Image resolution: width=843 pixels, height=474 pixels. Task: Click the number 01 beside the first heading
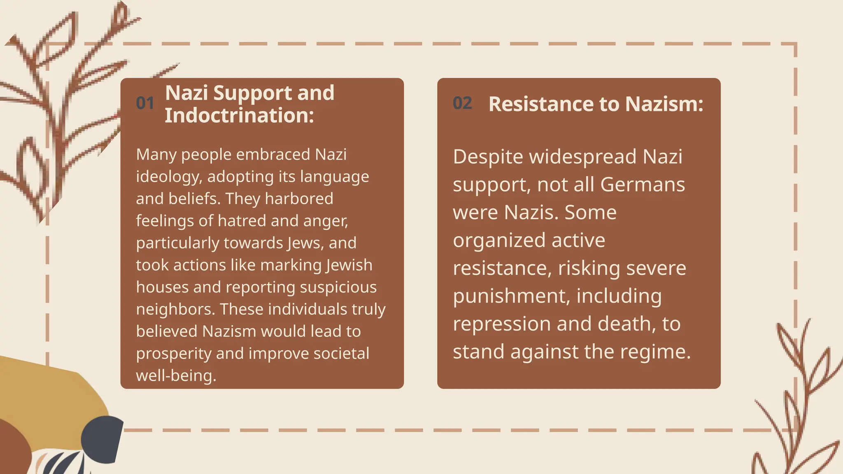(x=145, y=103)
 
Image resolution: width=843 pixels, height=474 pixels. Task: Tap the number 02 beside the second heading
(x=462, y=103)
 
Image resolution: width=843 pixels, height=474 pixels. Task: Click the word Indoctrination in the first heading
(x=239, y=115)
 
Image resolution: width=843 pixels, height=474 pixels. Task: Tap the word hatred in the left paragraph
(x=243, y=221)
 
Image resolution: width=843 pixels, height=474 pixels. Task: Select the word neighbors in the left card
(x=175, y=309)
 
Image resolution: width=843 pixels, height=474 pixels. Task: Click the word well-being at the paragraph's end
(x=176, y=376)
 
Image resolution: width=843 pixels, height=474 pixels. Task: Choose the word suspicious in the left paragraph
(x=338, y=287)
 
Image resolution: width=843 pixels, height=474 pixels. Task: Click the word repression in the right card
(x=501, y=324)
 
